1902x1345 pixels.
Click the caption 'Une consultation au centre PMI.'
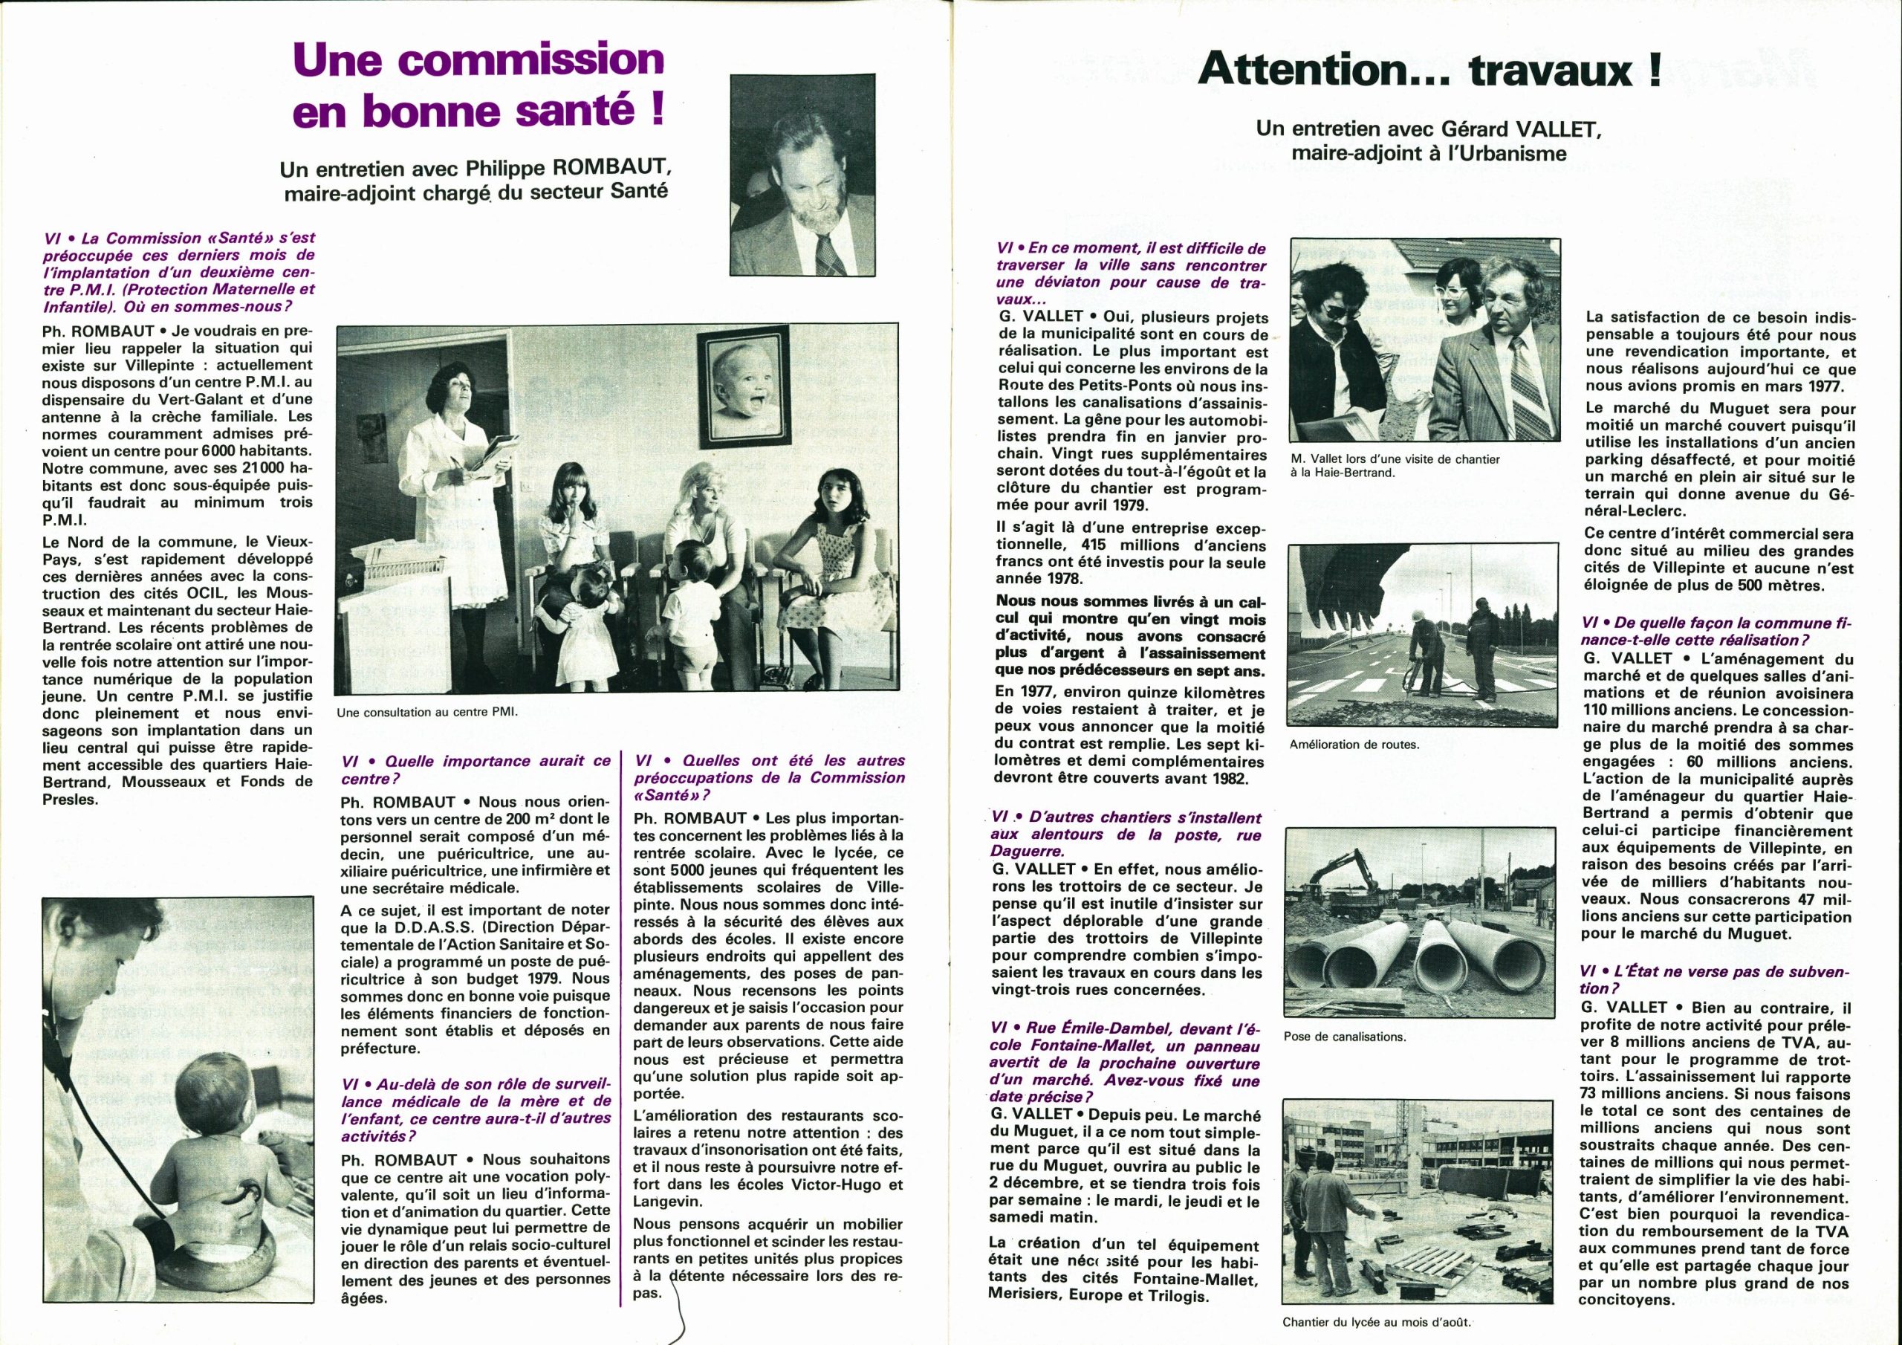tap(426, 711)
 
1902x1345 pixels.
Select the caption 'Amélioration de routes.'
tap(1354, 744)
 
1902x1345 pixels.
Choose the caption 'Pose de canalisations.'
tap(1345, 1036)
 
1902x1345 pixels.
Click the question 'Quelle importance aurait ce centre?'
tap(475, 769)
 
